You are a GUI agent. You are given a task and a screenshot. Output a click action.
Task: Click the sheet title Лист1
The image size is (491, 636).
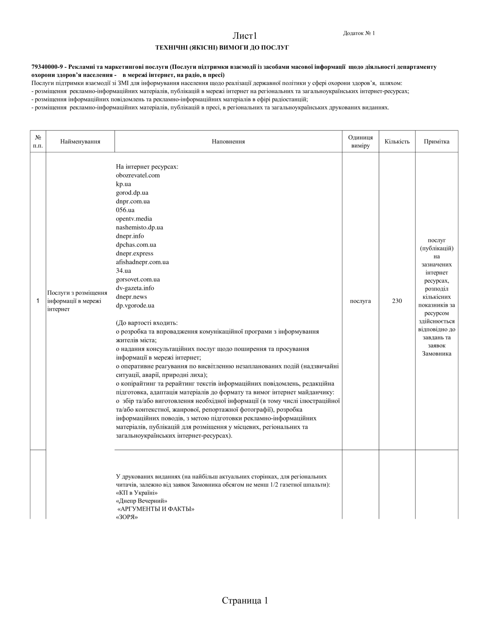click(x=245, y=36)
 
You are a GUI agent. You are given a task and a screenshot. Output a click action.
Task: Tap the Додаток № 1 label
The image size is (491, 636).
click(x=359, y=33)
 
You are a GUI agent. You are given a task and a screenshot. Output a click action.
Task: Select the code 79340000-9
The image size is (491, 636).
click(x=47, y=67)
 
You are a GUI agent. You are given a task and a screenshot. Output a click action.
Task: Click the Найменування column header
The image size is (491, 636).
click(x=80, y=141)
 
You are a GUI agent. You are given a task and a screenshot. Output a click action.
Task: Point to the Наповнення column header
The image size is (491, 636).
click(x=228, y=141)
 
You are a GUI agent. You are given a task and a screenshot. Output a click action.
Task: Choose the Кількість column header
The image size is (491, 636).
click(x=397, y=141)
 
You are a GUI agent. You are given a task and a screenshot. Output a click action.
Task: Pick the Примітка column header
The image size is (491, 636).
click(x=436, y=141)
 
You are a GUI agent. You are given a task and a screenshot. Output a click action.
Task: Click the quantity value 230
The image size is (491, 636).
click(x=397, y=301)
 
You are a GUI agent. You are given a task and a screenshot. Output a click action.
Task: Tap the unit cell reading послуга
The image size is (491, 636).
click(x=360, y=301)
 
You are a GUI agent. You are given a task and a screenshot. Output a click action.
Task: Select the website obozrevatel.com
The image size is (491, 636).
click(x=138, y=175)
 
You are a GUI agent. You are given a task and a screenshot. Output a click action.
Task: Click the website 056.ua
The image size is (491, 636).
click(x=125, y=210)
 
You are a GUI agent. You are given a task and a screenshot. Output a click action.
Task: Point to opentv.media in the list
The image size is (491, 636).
click(x=134, y=219)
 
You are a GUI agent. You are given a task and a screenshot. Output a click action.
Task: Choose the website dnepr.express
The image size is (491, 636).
click(x=135, y=253)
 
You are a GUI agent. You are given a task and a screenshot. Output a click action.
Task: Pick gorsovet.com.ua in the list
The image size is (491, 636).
click(x=138, y=279)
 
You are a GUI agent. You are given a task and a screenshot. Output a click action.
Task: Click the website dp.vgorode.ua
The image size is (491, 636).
click(x=135, y=305)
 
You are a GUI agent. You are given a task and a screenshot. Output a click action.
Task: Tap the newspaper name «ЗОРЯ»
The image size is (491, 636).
click(x=127, y=517)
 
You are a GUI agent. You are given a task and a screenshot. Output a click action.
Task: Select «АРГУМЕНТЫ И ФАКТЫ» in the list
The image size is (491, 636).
click(x=156, y=509)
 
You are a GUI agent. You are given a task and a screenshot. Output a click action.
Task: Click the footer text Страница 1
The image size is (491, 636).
click(x=245, y=600)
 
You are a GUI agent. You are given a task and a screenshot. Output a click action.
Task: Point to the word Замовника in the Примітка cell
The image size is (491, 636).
click(x=436, y=353)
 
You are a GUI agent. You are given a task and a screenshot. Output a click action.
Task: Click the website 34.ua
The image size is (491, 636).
click(x=123, y=271)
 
